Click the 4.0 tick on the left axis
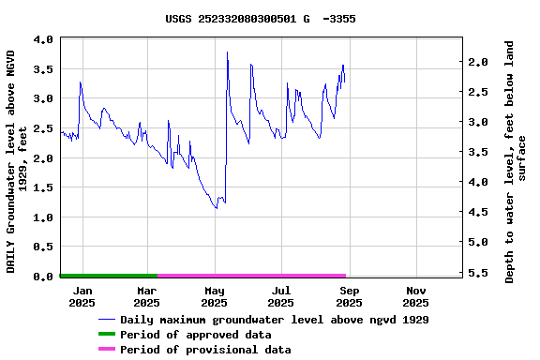[x=42, y=39]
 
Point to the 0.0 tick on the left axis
[x=42, y=277]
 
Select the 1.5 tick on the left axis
[x=42, y=187]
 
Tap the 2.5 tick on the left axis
[x=42, y=128]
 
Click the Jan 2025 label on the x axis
[x=82, y=296]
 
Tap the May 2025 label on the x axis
[x=214, y=296]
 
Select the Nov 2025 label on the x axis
[x=415, y=296]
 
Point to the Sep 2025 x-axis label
[x=349, y=296]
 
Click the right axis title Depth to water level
[x=516, y=161]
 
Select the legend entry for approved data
[x=196, y=335]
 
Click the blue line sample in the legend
[x=113, y=320]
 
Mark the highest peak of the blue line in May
[x=227, y=52]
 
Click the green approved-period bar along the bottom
[x=108, y=276]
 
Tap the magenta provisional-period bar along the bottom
[x=251, y=276]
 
